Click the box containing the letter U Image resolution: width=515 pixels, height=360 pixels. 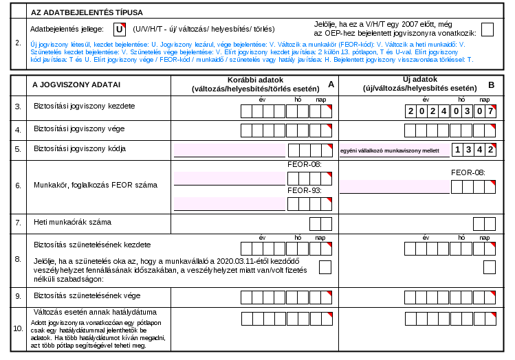click(x=120, y=30)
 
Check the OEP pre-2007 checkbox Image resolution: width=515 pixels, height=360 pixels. click(x=487, y=30)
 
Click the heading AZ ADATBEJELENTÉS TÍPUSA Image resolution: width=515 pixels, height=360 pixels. click(x=87, y=12)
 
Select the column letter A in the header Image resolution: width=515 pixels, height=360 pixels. click(x=331, y=85)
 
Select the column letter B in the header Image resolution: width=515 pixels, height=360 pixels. click(x=492, y=85)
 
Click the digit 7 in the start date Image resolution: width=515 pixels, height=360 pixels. click(x=490, y=111)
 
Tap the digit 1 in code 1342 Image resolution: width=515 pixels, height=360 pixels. click(x=457, y=150)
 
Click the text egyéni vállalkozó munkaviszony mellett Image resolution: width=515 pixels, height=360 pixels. click(x=390, y=150)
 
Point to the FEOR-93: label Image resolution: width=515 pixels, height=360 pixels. click(x=305, y=191)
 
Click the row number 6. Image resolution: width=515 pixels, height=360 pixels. click(x=18, y=185)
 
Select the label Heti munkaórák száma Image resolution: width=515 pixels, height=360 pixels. click(x=73, y=222)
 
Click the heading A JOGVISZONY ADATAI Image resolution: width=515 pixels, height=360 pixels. click(x=76, y=85)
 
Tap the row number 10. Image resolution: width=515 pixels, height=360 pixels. click(x=18, y=328)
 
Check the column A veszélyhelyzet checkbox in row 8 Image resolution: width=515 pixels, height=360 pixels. click(x=325, y=267)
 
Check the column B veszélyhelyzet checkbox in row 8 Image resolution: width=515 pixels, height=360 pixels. click(x=490, y=267)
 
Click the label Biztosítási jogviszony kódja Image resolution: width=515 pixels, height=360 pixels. click(x=80, y=148)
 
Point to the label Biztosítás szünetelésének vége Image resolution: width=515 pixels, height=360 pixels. click(x=87, y=295)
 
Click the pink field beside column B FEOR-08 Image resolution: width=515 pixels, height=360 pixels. click(x=395, y=186)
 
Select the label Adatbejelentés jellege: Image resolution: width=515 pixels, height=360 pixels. click(x=67, y=30)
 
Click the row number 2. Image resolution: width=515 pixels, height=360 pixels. click(x=18, y=43)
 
